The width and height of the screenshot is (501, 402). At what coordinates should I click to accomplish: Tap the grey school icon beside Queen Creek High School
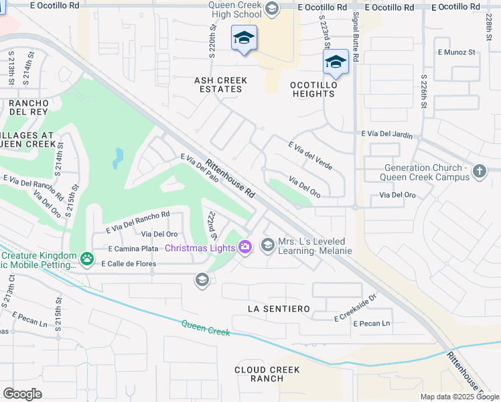pos(271,9)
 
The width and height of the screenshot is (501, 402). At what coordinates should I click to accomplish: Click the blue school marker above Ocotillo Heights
pos(336,63)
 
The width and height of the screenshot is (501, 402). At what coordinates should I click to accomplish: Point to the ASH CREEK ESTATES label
pos(220,84)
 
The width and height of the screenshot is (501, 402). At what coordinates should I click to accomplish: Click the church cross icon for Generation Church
pos(479,172)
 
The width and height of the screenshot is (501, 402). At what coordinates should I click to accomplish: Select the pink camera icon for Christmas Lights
pos(245,248)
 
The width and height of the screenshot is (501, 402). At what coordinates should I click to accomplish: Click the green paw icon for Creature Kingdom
pos(86,258)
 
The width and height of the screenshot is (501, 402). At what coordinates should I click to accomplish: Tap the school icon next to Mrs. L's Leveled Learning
pos(268,245)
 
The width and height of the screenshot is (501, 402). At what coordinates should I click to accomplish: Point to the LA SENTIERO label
pos(279,309)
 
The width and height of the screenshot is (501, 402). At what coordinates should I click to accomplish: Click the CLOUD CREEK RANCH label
pos(267,374)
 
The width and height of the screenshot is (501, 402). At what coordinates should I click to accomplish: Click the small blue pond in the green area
pos(118,159)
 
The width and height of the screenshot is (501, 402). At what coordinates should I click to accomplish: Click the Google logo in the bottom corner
pos(22,393)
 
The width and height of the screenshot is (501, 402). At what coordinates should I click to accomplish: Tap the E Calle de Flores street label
pos(129,263)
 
